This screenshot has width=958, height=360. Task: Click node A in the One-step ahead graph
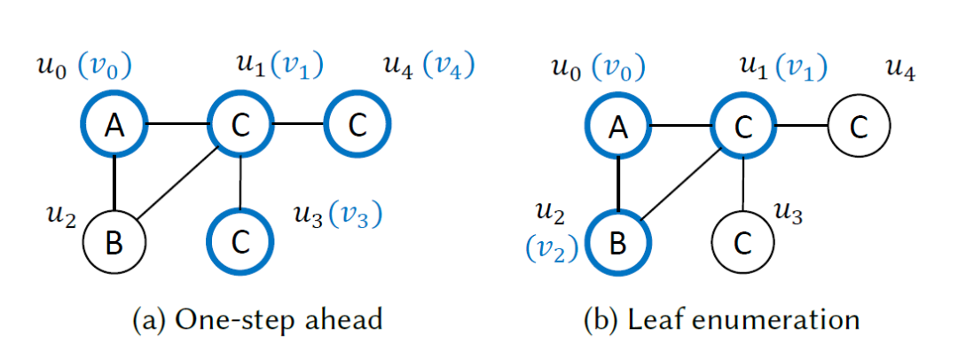[x=114, y=127]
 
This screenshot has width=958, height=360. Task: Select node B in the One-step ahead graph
[x=114, y=240]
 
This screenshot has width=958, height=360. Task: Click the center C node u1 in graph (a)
[x=239, y=127]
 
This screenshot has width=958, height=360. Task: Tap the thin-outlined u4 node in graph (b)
[x=859, y=127]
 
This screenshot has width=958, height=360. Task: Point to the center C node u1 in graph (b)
[x=743, y=127]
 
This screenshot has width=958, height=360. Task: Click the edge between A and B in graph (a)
[x=114, y=184]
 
